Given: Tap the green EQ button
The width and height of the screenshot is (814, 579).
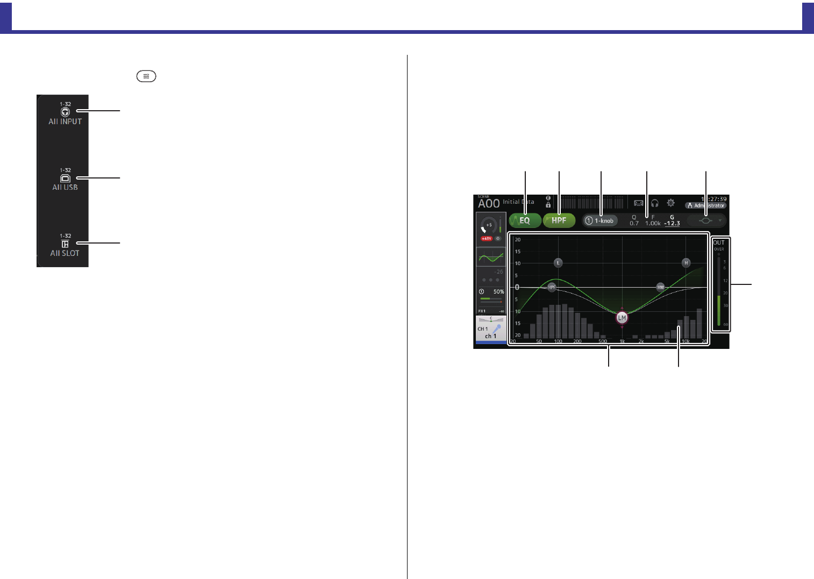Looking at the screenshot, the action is [525, 220].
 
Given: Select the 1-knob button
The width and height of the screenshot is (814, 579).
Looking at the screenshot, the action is [600, 221].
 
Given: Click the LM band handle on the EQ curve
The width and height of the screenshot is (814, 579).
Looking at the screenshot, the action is [622, 318].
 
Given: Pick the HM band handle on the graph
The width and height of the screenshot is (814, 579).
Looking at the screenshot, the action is [660, 288].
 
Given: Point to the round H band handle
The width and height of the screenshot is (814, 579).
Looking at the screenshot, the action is [686, 263].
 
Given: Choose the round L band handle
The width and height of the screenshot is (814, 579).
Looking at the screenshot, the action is [558, 263].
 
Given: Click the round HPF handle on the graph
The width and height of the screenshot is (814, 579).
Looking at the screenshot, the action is [552, 288].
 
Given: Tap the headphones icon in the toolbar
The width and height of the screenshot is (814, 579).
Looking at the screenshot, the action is [654, 203].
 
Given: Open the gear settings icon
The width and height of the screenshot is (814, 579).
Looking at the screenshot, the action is [670, 203].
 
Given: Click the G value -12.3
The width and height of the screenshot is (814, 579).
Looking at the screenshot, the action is [672, 223].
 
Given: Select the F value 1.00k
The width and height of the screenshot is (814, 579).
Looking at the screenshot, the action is [653, 223].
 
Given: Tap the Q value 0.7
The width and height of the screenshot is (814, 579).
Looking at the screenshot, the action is [634, 223].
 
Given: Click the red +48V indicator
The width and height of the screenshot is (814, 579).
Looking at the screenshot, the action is [486, 239].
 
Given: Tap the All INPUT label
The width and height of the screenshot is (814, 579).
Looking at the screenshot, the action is [65, 121].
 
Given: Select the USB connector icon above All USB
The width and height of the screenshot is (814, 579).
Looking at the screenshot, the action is [65, 178].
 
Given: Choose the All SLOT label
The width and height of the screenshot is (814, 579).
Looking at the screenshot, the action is [65, 253].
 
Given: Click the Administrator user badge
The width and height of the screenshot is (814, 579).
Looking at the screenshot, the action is [706, 205].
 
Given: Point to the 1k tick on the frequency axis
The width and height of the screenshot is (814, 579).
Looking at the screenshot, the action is [622, 341].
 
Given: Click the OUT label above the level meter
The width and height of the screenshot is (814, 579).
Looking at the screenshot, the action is [719, 242].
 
